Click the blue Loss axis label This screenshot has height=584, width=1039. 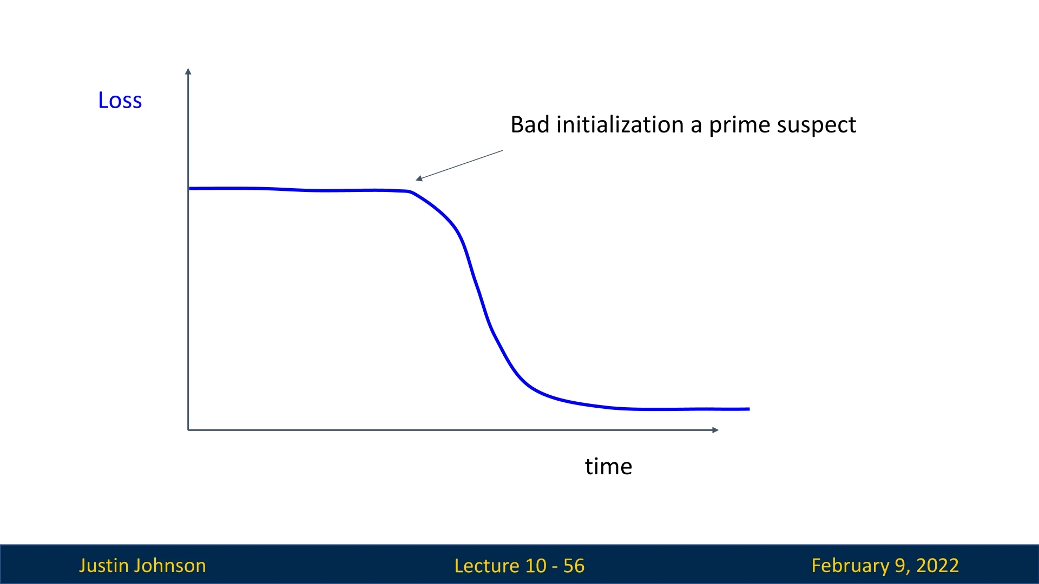[120, 101]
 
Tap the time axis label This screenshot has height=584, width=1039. [608, 467]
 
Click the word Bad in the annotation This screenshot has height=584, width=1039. [530, 125]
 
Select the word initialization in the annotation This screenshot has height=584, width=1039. [620, 125]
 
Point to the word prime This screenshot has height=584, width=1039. [739, 126]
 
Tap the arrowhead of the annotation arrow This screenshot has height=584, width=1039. [418, 178]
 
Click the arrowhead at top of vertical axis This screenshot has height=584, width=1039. [188, 71]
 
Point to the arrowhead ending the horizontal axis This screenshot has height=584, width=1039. [715, 430]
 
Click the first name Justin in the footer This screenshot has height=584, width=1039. [103, 566]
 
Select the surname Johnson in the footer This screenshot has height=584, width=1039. [170, 566]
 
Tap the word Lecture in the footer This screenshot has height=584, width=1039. [486, 566]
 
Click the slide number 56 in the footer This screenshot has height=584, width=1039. [574, 566]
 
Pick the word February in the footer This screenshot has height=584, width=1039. [850, 566]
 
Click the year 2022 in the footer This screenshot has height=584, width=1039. [937, 566]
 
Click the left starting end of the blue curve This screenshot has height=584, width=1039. [189, 189]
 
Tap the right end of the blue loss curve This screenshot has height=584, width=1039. [749, 409]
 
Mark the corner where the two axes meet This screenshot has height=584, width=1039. [188, 430]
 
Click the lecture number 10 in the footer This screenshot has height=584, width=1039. [536, 566]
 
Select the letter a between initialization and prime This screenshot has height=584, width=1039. [696, 128]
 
